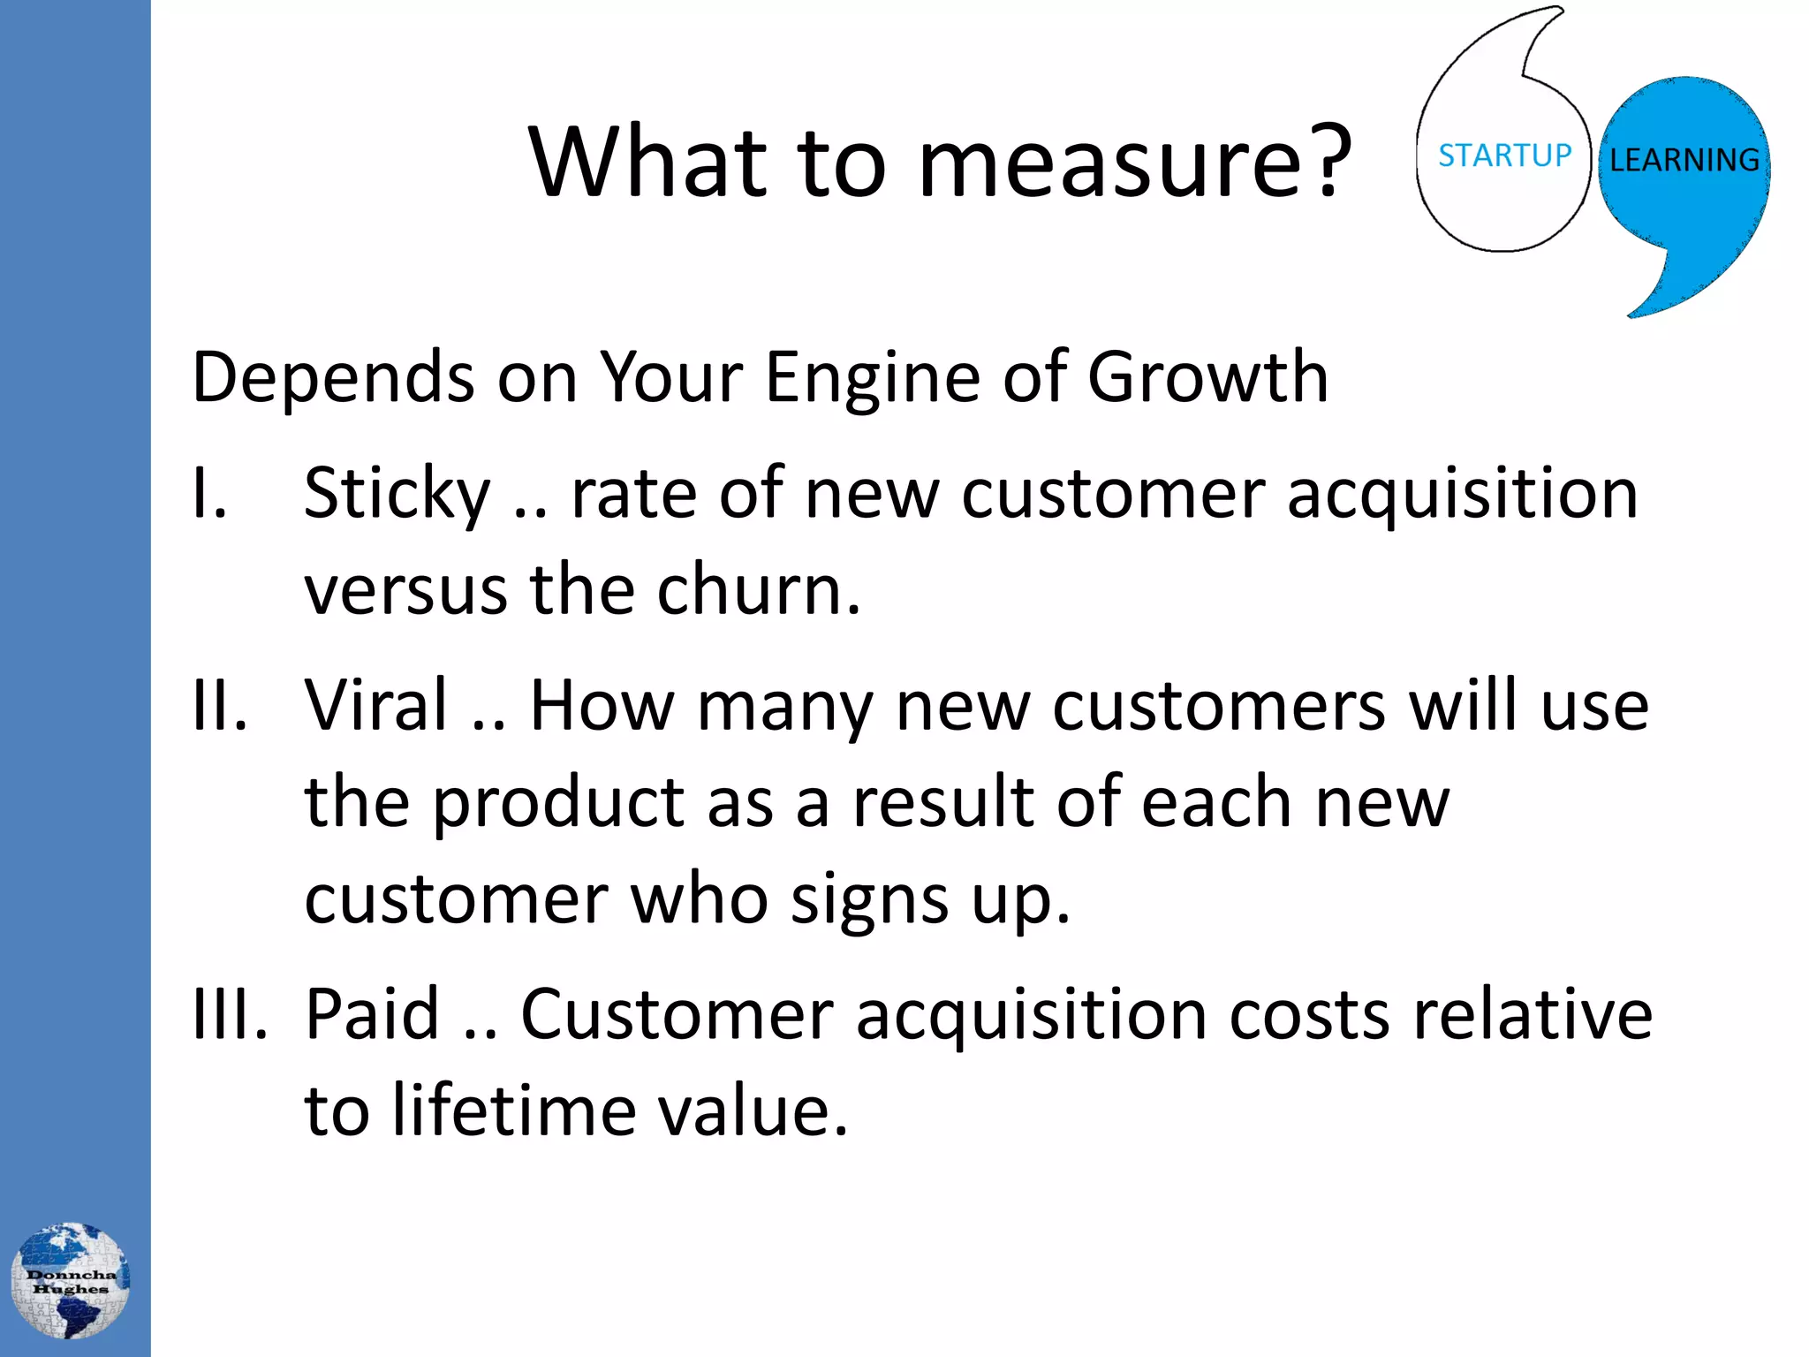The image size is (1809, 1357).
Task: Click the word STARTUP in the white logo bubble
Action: [1504, 155]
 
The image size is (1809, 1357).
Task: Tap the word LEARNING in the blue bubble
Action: [1684, 160]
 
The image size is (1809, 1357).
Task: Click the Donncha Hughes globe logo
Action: [71, 1280]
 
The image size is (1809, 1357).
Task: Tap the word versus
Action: [405, 589]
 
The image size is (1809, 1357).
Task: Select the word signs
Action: [869, 901]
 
